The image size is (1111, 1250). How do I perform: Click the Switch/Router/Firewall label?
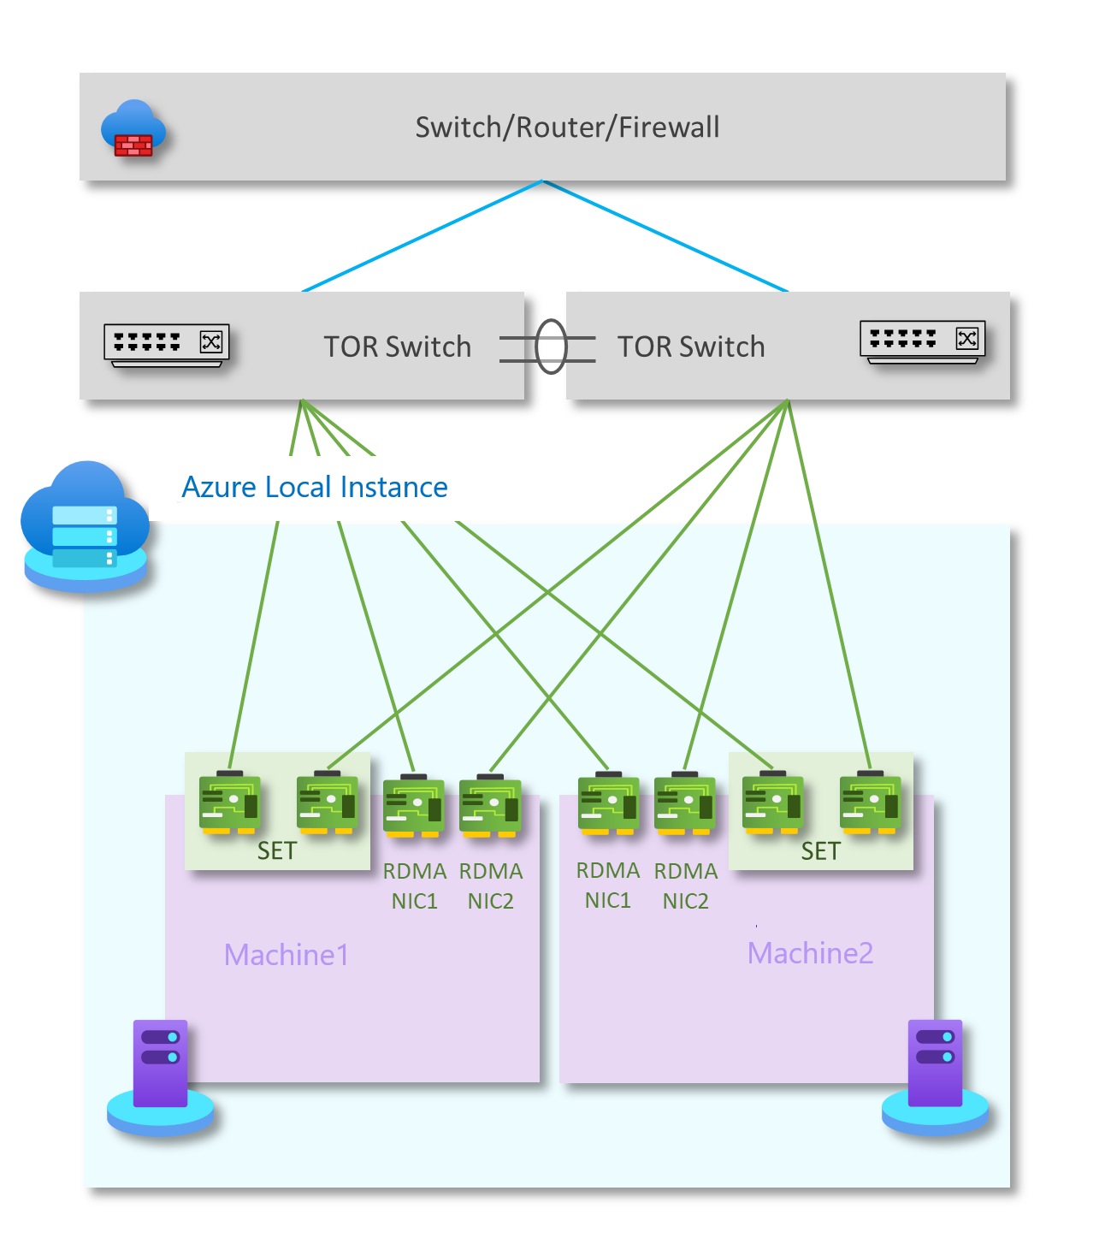click(x=567, y=127)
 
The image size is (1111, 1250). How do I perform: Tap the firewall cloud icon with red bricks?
click(x=133, y=130)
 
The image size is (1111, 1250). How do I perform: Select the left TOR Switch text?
click(x=397, y=347)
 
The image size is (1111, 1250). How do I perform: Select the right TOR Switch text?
click(x=691, y=347)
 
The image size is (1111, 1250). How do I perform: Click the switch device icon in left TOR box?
click(x=167, y=345)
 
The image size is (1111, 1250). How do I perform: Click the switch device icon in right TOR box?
click(x=923, y=341)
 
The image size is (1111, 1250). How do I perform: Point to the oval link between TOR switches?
click(x=551, y=347)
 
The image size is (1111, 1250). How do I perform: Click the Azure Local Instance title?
click(x=315, y=487)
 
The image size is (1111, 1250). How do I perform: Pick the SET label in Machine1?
click(x=277, y=851)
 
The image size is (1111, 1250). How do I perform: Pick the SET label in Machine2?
click(x=821, y=851)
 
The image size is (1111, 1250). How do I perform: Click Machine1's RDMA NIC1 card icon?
click(x=414, y=806)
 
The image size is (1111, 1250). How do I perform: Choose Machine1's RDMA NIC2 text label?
click(x=491, y=886)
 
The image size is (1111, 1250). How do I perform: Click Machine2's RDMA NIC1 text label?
click(x=608, y=886)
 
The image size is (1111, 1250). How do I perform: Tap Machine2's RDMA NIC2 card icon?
click(x=684, y=804)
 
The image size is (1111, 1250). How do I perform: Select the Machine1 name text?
click(x=287, y=955)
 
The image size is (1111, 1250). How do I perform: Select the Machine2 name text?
click(x=811, y=953)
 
